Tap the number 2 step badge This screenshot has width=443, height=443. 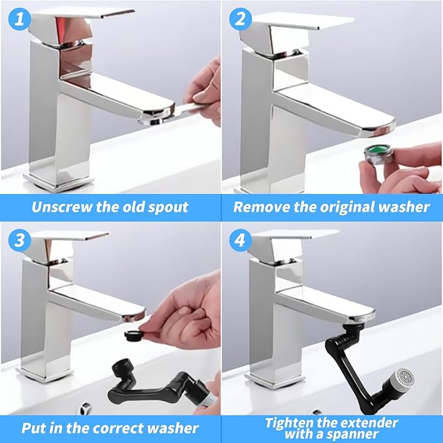(239, 19)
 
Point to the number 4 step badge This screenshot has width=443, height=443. (239, 240)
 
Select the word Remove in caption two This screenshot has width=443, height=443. (260, 207)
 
